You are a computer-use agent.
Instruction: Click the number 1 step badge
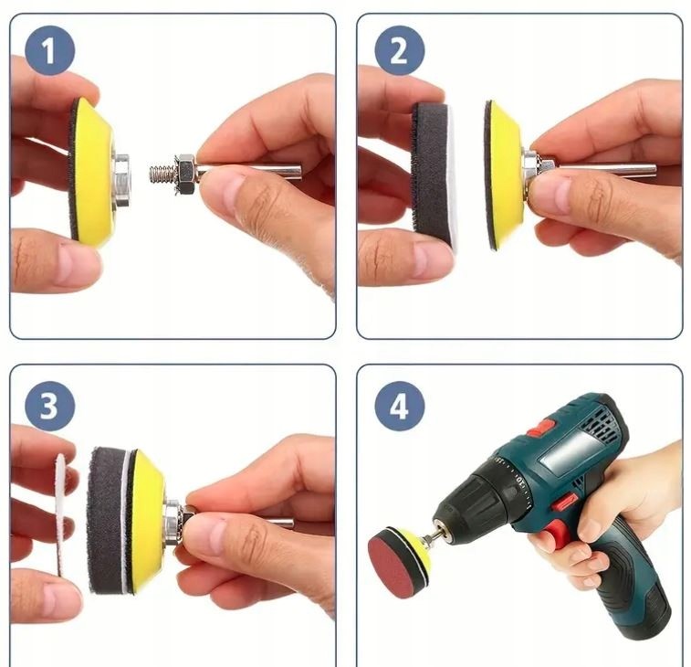tap(50, 50)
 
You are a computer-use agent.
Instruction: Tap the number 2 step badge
tap(399, 50)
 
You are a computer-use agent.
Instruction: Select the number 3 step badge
tap(50, 406)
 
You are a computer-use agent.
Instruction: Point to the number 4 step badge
tap(399, 406)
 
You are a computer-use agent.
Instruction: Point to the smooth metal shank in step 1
tap(249, 172)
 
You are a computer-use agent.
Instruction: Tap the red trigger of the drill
tap(557, 533)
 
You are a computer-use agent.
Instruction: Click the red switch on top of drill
tap(541, 427)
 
